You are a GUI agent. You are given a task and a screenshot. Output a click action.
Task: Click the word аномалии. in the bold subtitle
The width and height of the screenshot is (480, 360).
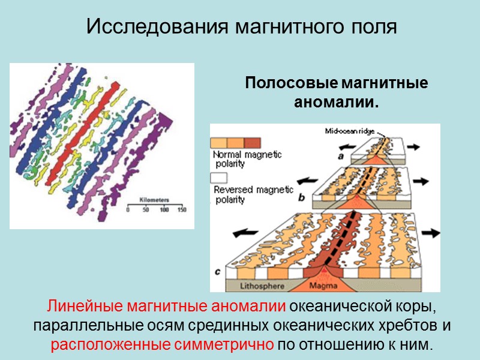[336, 103]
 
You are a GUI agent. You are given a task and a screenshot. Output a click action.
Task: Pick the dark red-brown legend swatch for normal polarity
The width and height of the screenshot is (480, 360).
[252, 143]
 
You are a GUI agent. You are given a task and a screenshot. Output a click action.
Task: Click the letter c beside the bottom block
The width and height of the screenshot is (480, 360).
[217, 272]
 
